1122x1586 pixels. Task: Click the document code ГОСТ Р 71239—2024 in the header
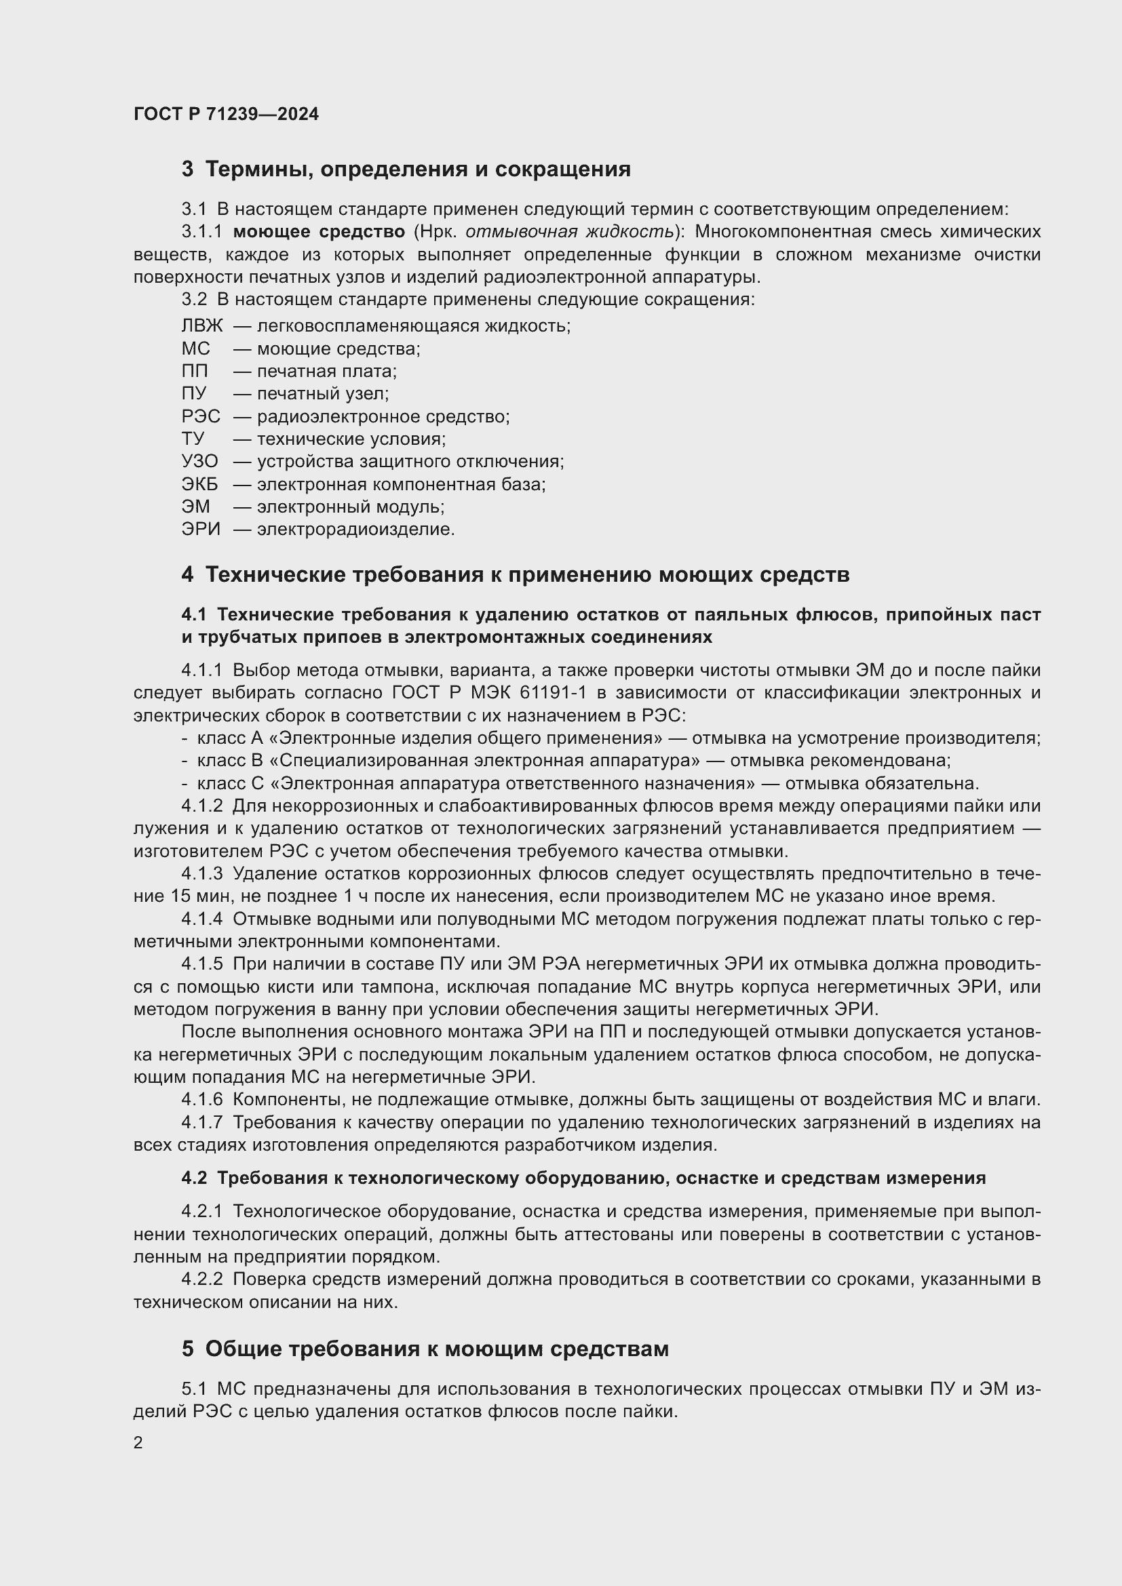tap(226, 114)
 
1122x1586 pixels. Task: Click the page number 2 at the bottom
tap(138, 1443)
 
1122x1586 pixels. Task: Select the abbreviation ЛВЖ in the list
tap(201, 325)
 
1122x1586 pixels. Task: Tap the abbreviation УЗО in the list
tap(199, 462)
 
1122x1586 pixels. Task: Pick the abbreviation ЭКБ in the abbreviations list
tap(199, 484)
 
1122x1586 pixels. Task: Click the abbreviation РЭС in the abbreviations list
tap(200, 416)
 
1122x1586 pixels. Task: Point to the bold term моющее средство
tap(319, 231)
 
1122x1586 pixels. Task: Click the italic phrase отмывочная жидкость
tap(569, 231)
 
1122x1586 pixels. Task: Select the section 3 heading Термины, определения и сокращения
tap(417, 170)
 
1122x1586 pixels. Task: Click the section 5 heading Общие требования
tap(437, 1349)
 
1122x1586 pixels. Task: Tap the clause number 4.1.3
tap(201, 874)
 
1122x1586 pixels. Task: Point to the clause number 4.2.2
tap(201, 1280)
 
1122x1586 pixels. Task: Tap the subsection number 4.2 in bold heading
tap(194, 1178)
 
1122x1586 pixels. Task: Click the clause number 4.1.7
tap(201, 1122)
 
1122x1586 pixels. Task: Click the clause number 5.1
tap(193, 1389)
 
